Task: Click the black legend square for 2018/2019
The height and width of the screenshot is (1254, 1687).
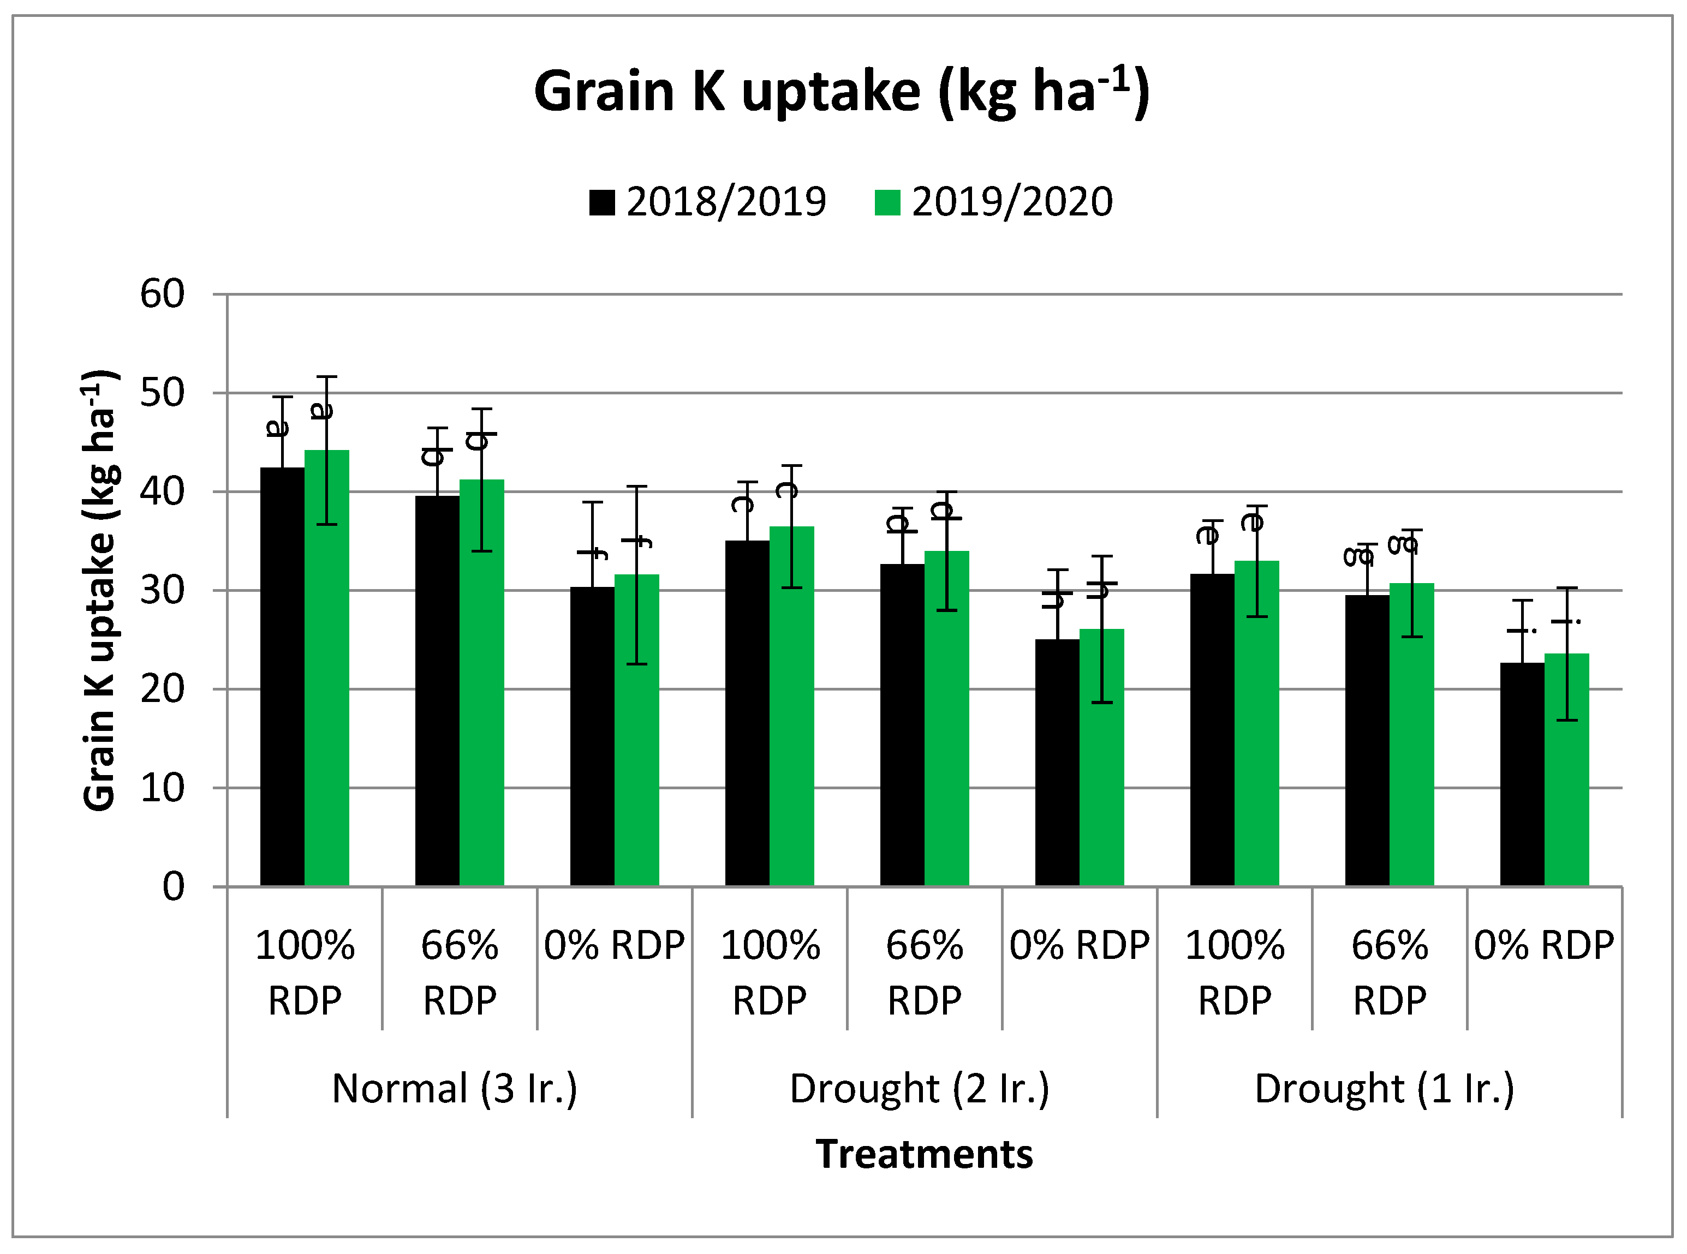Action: (601, 203)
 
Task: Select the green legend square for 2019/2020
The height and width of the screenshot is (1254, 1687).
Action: (887, 203)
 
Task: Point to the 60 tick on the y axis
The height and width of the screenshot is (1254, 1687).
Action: (162, 295)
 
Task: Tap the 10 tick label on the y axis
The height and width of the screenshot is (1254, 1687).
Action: (162, 789)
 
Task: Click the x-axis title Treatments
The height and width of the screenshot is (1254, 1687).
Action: (923, 1155)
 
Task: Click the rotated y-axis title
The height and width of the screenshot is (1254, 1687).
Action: (99, 591)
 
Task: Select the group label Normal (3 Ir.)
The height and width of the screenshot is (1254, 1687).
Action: (455, 1089)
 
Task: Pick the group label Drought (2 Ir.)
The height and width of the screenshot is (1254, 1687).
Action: (919, 1089)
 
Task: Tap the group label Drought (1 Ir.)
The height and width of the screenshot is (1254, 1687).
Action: (1384, 1089)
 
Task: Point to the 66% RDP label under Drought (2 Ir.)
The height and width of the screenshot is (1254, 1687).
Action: (925, 973)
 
